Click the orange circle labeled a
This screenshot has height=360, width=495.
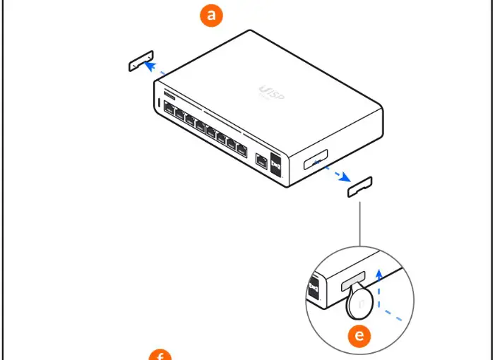(x=210, y=16)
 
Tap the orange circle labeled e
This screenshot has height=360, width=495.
(x=361, y=335)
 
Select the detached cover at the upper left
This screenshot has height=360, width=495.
(x=141, y=61)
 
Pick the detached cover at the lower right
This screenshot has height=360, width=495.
(x=360, y=186)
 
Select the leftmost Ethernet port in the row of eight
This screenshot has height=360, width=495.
(x=169, y=108)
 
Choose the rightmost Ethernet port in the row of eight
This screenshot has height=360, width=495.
(x=241, y=149)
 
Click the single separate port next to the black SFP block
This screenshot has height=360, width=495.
(x=262, y=161)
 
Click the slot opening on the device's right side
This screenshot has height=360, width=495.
(x=316, y=160)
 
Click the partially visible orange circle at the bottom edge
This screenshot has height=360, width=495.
(x=160, y=354)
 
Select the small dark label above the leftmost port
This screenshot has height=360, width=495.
(x=169, y=94)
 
